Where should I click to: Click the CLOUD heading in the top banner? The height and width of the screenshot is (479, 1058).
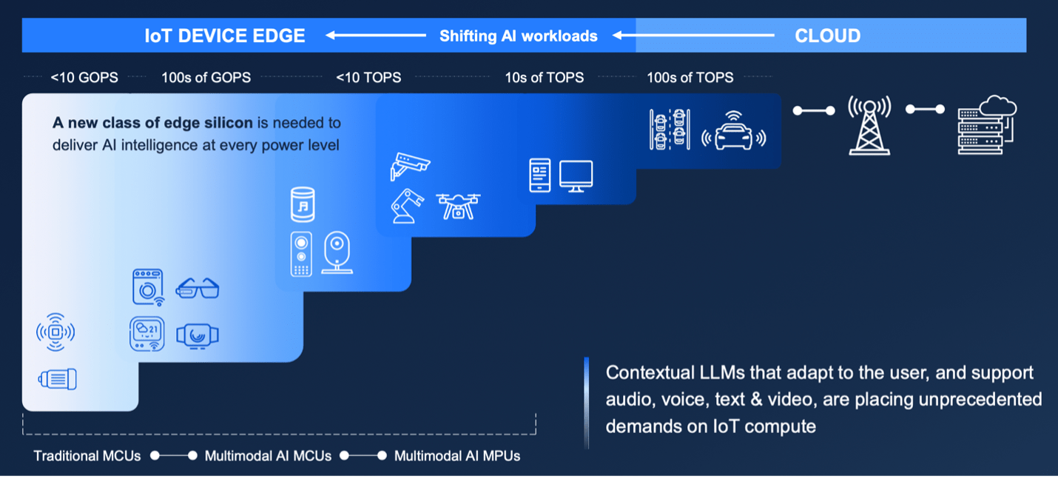tap(827, 36)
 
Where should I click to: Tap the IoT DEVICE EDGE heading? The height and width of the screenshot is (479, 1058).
tap(225, 36)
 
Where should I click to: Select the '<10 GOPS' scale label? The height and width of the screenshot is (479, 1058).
tap(84, 78)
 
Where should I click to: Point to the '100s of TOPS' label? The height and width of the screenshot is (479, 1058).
tap(690, 78)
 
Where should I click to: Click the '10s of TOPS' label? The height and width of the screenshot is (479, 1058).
tap(544, 78)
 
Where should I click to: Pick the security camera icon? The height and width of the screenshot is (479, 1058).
tap(409, 166)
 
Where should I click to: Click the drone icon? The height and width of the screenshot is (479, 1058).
tap(458, 206)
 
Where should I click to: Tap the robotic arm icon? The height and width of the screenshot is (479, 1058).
tap(407, 206)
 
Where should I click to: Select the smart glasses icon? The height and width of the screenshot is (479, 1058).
tap(198, 289)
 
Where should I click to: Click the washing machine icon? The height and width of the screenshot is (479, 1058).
tap(148, 287)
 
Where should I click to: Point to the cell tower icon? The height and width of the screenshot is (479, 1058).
tap(869, 125)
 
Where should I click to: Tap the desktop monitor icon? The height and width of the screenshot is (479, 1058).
tap(576, 176)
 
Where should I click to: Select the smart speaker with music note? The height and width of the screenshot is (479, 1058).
tap(303, 204)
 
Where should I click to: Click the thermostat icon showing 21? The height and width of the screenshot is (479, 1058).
tap(147, 334)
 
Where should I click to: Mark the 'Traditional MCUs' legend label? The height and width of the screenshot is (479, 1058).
tap(87, 456)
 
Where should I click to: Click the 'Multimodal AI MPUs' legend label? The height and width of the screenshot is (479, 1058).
tap(457, 456)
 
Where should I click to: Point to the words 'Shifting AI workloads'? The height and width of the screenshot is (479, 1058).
tap(519, 36)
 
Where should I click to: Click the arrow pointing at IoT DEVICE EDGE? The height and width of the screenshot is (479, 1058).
tap(376, 35)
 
